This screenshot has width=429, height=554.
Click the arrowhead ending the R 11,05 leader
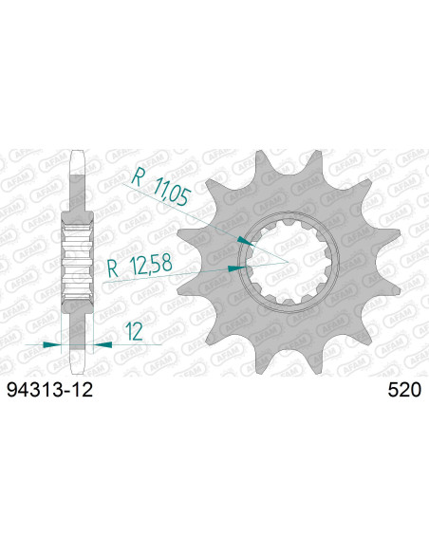pyautogui.click(x=249, y=243)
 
